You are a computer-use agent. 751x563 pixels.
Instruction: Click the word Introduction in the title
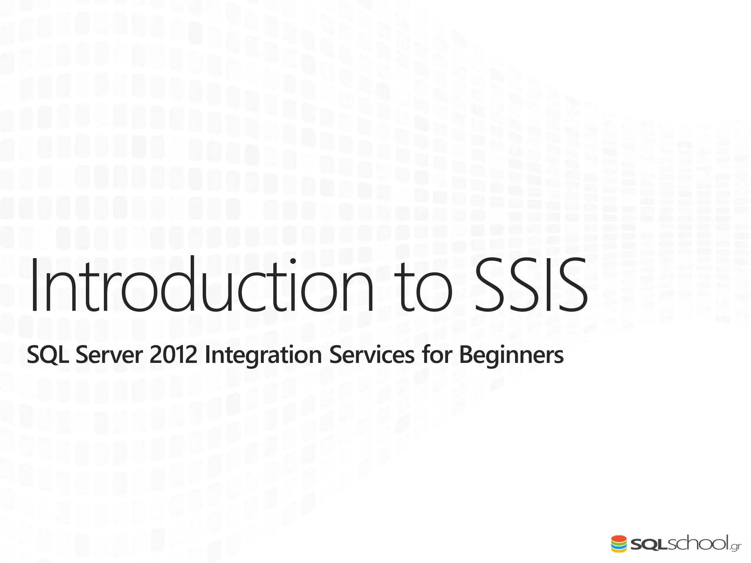pyautogui.click(x=202, y=286)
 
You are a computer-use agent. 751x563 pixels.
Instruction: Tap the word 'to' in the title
pyautogui.click(x=425, y=290)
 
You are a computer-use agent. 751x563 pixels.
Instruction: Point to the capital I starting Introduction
pyautogui.click(x=34, y=286)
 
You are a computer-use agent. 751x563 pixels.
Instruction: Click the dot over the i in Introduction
pyautogui.click(x=293, y=261)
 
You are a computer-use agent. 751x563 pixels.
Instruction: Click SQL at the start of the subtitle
pyautogui.click(x=48, y=355)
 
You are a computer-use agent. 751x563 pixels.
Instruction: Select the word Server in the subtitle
pyautogui.click(x=109, y=355)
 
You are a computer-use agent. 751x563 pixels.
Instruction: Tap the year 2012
pyautogui.click(x=173, y=355)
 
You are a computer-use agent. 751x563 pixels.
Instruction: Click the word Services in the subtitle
pyautogui.click(x=372, y=355)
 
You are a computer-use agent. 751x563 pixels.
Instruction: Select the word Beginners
pyautogui.click(x=511, y=355)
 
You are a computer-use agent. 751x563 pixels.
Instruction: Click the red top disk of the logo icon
pyautogui.click(x=619, y=539)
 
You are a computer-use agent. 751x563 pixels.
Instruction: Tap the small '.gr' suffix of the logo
pyautogui.click(x=736, y=548)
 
